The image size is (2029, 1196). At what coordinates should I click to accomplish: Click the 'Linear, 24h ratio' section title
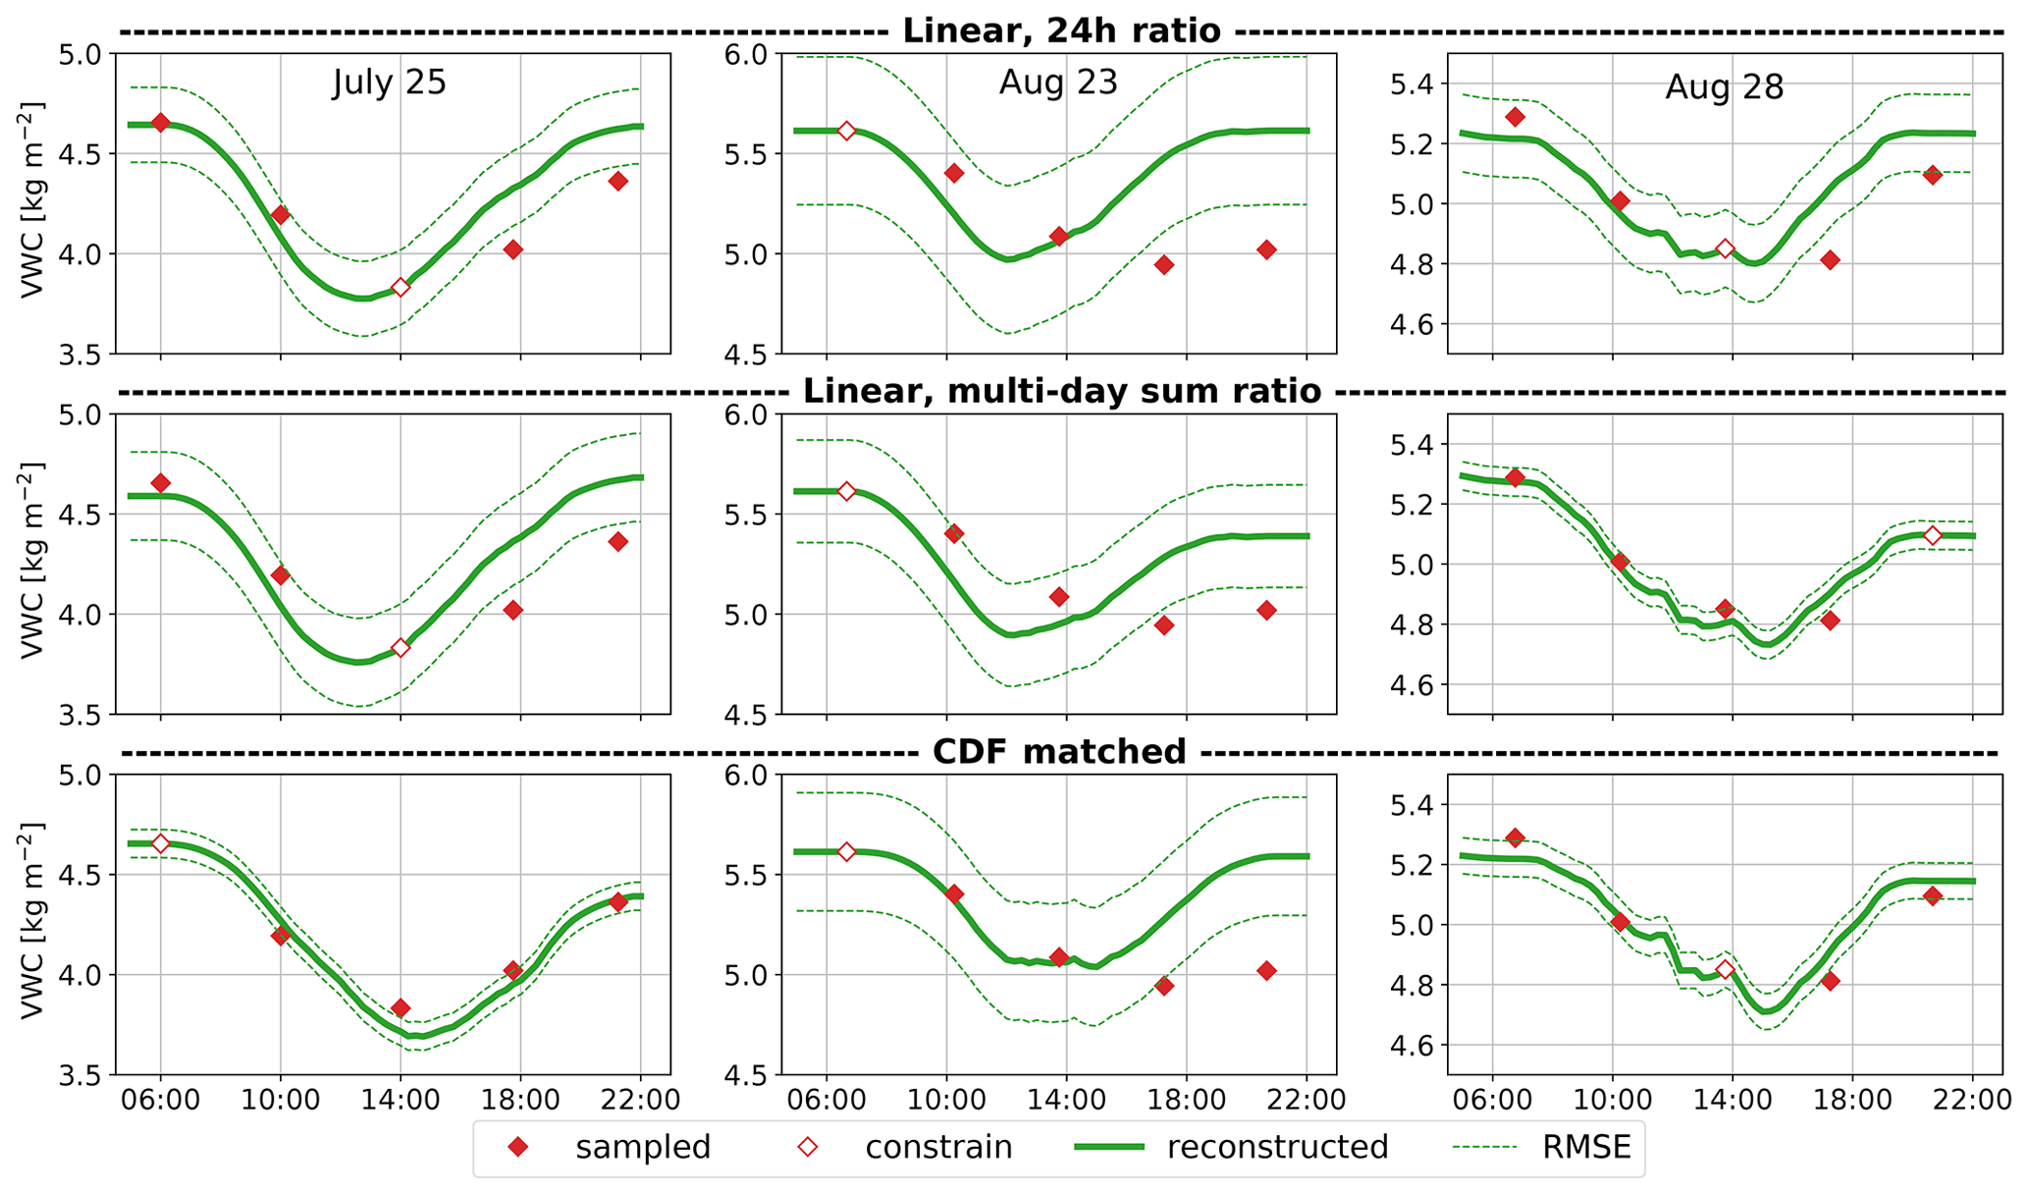1061,30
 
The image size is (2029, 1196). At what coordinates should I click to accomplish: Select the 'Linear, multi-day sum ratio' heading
1061,392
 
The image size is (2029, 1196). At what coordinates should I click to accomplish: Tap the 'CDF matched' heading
1059,752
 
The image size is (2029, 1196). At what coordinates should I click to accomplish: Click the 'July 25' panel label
390,82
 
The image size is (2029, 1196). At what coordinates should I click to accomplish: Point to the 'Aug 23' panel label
1058,82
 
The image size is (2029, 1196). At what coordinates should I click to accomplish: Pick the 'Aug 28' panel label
1724,88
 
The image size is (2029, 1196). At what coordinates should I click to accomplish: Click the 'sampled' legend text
643,1147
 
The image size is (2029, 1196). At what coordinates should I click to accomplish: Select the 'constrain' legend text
938,1147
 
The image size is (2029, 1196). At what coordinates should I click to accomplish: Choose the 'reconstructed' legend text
1277,1147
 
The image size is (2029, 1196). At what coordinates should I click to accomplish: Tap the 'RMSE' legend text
1586,1147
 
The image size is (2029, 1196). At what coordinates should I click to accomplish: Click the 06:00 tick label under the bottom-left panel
161,1099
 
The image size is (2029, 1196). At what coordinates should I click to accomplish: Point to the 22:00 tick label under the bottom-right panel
1972,1099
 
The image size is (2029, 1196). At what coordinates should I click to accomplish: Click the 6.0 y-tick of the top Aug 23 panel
750,54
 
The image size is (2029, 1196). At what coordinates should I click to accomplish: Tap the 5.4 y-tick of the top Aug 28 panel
1415,84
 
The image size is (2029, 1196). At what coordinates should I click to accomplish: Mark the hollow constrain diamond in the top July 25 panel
400,287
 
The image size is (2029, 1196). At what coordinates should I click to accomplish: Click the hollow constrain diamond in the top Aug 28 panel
1725,248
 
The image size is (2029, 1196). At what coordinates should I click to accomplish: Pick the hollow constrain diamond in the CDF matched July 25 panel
161,843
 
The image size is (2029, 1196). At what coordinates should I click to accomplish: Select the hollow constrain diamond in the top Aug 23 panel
846,131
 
